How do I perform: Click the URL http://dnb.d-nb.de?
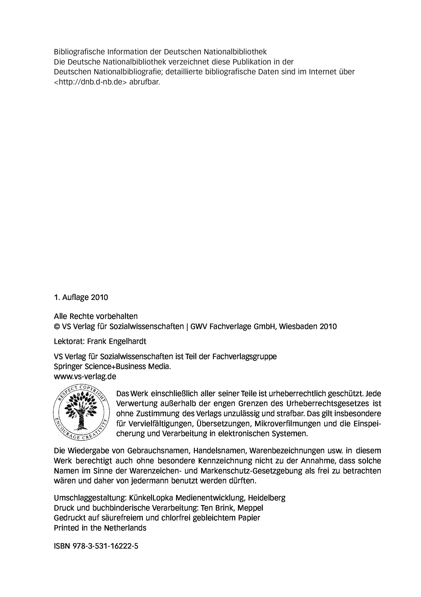(90, 82)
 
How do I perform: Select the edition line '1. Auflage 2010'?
(81, 298)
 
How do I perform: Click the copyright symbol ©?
(56, 327)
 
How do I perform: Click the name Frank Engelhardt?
(117, 341)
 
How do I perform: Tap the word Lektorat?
(69, 341)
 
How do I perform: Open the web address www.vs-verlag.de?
(85, 376)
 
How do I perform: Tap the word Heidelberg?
(266, 498)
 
